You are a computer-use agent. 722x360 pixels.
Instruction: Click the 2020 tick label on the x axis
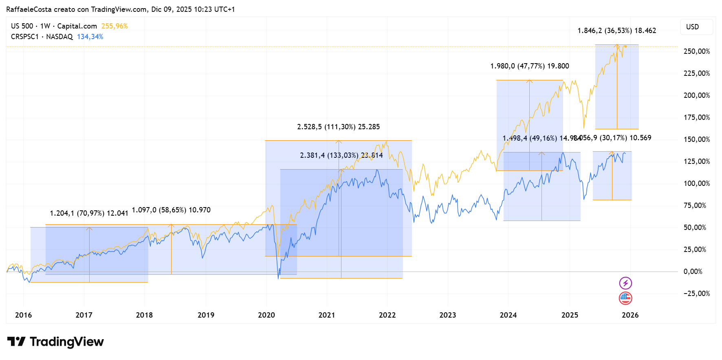pos(266,315)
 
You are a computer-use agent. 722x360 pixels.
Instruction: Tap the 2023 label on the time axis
pos(447,315)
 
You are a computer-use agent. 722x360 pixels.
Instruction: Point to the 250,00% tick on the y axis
pos(696,51)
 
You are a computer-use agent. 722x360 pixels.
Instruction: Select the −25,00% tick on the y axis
pos(696,294)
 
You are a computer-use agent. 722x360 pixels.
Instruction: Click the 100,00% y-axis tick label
pos(696,183)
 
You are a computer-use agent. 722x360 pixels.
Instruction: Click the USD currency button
pos(692,27)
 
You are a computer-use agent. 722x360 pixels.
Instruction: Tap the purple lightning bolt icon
pos(625,283)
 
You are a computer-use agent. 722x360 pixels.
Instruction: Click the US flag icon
pos(625,298)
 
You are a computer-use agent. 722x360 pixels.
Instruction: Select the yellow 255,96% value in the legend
pos(114,26)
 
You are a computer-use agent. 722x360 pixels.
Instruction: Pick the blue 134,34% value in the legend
pos(90,37)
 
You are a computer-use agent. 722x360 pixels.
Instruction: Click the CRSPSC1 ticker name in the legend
pos(24,37)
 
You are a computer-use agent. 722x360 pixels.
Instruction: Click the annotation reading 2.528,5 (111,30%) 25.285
pos(338,127)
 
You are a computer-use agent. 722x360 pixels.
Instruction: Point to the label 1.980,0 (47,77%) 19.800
pos(529,66)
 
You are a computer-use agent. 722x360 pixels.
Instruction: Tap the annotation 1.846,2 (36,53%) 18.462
pos(616,31)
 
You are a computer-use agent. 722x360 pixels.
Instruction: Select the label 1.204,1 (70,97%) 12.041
pos(89,213)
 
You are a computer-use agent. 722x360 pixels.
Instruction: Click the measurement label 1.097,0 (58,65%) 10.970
pos(171,210)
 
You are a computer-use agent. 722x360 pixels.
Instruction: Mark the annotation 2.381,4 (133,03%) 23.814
pos(341,155)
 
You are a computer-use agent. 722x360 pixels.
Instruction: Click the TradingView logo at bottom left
pos(55,342)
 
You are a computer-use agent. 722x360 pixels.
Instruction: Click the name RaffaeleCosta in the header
pos(29,9)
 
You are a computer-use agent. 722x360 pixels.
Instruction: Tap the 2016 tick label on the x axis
pos(23,315)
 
